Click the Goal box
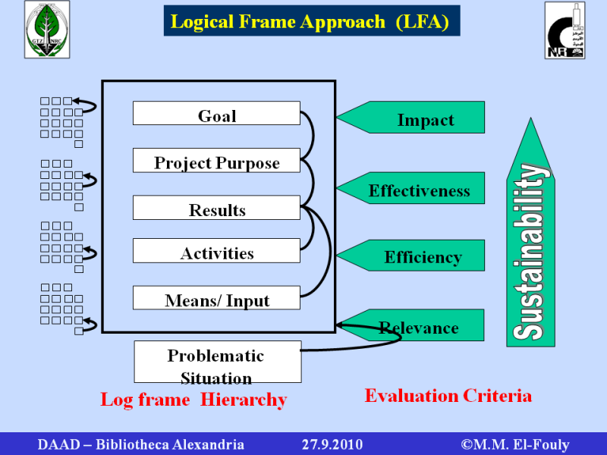216,114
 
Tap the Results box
216,209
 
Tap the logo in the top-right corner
565,30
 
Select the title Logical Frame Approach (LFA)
311,21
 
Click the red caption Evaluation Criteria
448,395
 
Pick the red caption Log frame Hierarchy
193,400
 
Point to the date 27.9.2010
332,444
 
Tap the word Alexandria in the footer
206,444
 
